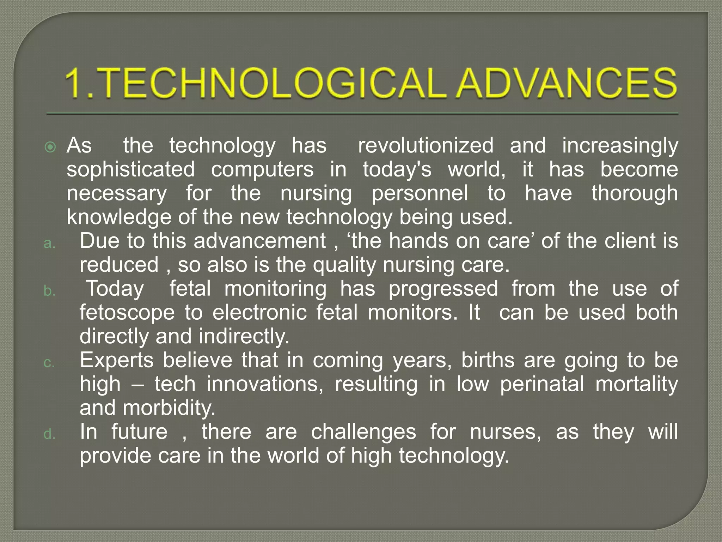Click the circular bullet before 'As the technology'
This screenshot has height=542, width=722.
click(51, 147)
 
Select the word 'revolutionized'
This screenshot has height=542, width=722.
click(426, 145)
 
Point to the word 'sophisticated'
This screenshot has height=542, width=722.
click(130, 169)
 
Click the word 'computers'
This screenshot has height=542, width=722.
click(262, 169)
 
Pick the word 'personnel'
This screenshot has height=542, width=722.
click(420, 193)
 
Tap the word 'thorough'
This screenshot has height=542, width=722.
click(635, 193)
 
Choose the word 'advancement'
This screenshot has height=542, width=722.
click(259, 241)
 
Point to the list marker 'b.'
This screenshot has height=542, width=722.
click(49, 291)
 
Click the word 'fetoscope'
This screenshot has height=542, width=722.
click(127, 313)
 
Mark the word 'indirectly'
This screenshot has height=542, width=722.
click(244, 336)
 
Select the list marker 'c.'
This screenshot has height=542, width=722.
click(49, 363)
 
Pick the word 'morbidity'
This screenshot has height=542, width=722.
click(169, 408)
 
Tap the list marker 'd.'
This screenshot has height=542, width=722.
click(49, 434)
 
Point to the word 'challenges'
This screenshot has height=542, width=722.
click(363, 432)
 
